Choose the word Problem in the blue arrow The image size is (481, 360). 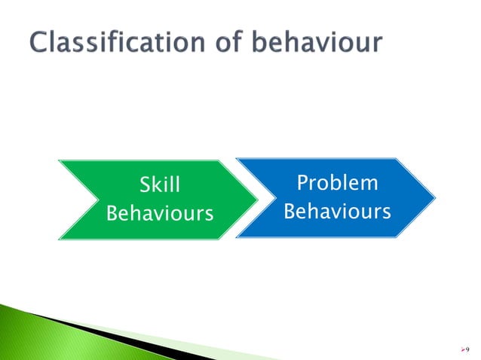(x=337, y=184)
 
